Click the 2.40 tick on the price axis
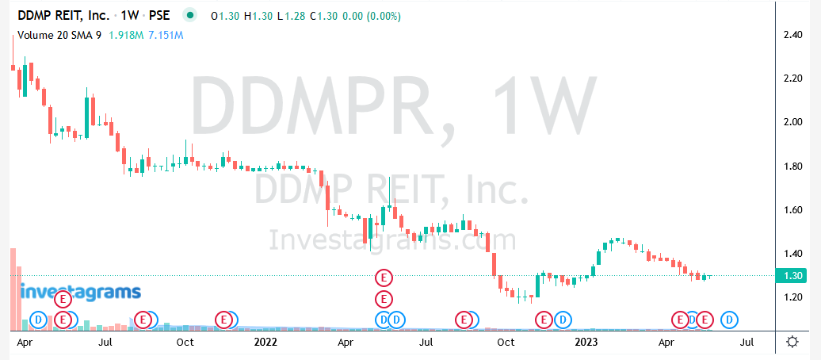[x=793, y=35]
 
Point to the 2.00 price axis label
[x=793, y=122]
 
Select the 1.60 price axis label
[x=793, y=210]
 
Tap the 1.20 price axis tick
[x=793, y=297]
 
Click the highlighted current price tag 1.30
[x=793, y=275]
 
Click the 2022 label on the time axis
[x=265, y=343]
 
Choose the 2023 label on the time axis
[x=586, y=343]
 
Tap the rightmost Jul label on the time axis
[x=746, y=343]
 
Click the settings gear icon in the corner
[x=792, y=343]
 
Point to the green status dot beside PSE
[x=189, y=15]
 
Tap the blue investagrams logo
[x=80, y=292]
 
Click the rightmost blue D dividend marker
[x=730, y=320]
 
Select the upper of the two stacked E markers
[x=384, y=278]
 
